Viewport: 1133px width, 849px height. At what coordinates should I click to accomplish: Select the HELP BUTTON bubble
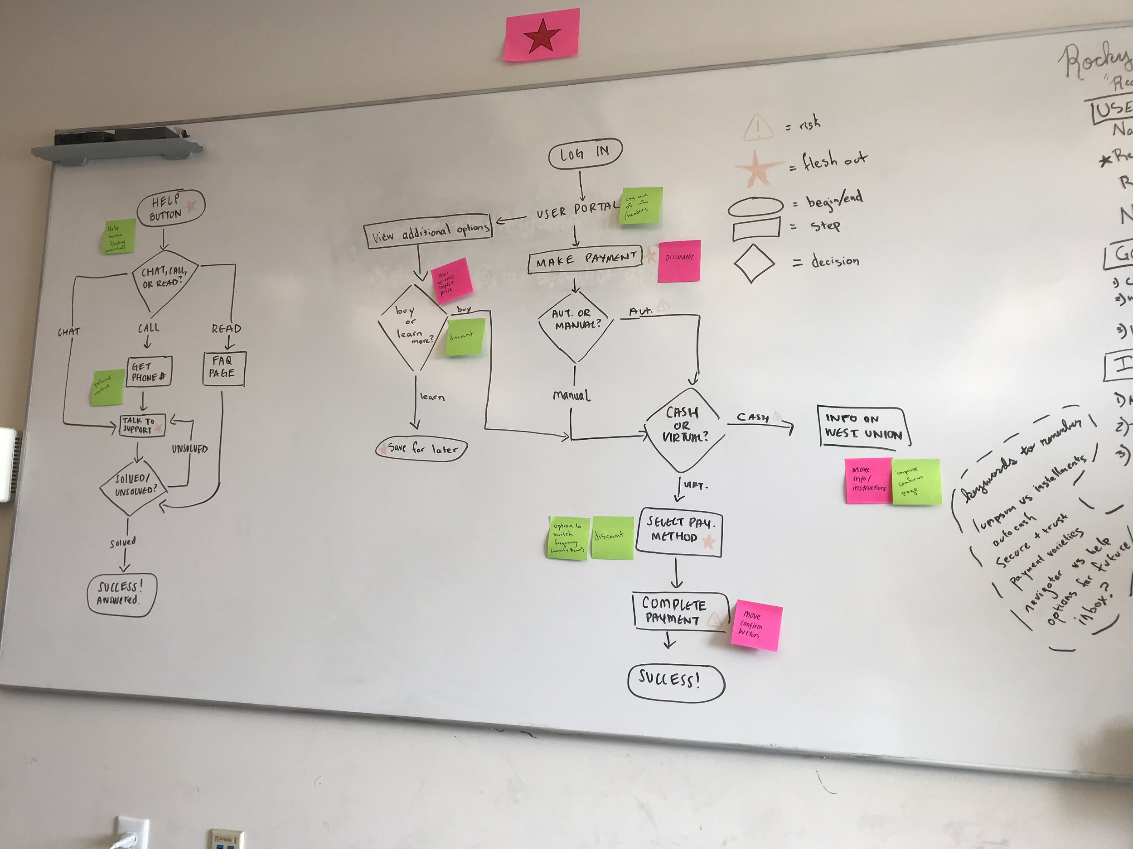(x=169, y=208)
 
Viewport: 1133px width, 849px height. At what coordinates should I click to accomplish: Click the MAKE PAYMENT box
(x=586, y=260)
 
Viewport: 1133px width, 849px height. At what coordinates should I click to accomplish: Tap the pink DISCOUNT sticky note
(x=679, y=261)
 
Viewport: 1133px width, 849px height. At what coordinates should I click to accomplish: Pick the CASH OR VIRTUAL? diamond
(x=684, y=433)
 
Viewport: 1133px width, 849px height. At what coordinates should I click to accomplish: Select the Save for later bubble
(x=421, y=449)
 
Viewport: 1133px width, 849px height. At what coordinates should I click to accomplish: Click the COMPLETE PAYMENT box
(x=679, y=612)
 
